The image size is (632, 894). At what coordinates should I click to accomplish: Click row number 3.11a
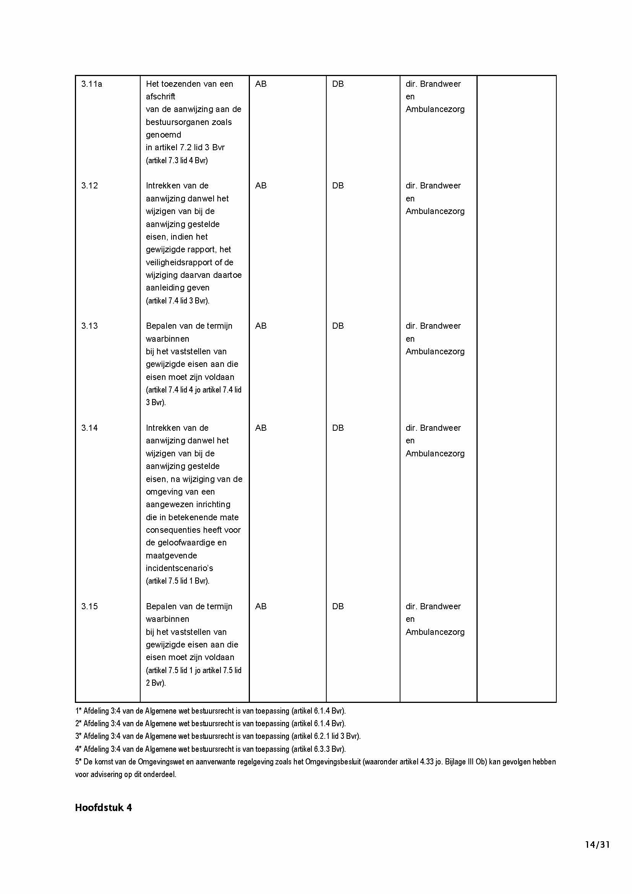91,84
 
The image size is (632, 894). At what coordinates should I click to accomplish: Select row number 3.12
89,186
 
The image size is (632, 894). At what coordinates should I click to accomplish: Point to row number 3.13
89,326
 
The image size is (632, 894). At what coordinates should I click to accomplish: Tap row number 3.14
89,428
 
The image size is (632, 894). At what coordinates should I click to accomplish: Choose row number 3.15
89,606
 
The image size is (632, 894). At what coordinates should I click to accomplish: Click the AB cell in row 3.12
261,186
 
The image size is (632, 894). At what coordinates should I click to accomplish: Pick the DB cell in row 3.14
338,428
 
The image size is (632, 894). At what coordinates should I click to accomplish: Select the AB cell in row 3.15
261,606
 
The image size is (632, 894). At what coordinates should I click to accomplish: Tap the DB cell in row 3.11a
338,84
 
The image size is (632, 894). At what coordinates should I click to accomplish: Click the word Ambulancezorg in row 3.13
435,352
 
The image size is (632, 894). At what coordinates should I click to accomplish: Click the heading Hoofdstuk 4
103,808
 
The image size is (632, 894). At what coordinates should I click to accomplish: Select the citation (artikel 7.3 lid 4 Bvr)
177,161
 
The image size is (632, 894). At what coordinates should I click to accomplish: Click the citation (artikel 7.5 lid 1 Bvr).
177,581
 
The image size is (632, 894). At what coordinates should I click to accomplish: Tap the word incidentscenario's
180,568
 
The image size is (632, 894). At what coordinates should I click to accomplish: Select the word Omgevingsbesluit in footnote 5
333,762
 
